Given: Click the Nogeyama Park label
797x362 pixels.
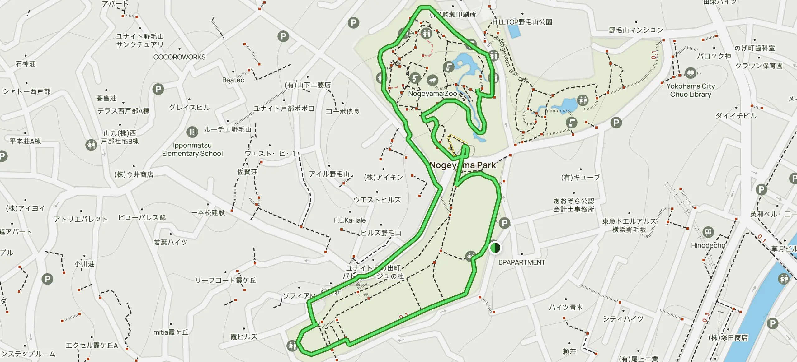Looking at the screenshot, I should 463,165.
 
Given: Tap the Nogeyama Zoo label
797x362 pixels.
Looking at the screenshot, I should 432,94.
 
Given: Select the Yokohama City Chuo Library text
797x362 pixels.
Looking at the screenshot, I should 691,90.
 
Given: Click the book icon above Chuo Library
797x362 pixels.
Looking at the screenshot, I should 691,73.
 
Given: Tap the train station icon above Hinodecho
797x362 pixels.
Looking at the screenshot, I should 708,232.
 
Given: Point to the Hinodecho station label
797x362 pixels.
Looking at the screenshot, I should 708,245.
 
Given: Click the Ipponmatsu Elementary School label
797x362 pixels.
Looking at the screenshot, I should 192,149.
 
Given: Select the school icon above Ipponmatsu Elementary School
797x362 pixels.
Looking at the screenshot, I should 192,132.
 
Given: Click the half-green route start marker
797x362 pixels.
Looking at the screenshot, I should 495,248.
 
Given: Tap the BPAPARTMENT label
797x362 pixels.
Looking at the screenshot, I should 521,262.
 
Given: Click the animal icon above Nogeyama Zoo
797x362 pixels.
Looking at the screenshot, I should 432,81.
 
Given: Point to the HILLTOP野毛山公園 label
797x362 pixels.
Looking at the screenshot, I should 522,22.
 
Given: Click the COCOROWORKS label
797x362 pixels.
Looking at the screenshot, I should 179,57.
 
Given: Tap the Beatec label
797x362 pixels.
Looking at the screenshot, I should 233,80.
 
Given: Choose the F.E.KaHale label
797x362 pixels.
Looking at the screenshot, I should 350,220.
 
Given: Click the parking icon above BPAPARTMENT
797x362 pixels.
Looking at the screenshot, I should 504,223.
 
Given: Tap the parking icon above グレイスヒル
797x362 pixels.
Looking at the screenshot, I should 158,90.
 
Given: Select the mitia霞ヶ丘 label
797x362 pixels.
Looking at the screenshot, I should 171,332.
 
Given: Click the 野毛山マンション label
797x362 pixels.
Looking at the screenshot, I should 636,30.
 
